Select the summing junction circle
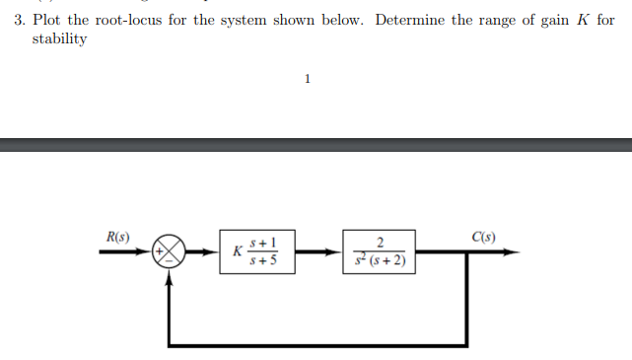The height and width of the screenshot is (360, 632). (171, 252)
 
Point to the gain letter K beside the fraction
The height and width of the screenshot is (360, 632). (237, 252)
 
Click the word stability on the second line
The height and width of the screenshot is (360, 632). (59, 38)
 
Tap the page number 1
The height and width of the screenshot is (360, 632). (308, 79)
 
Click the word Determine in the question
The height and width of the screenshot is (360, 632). (409, 21)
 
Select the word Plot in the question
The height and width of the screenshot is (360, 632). (47, 21)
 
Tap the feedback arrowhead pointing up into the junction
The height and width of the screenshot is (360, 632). (171, 276)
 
